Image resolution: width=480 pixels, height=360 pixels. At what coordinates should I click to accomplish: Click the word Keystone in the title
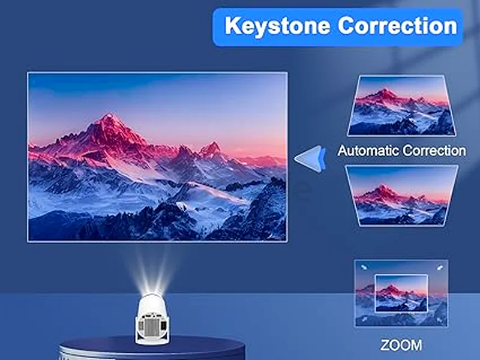click(277, 26)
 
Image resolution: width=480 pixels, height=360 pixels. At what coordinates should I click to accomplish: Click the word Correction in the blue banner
click(397, 26)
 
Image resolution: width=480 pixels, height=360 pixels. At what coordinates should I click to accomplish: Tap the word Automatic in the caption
click(368, 151)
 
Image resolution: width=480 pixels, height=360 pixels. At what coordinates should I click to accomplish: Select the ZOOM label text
click(401, 345)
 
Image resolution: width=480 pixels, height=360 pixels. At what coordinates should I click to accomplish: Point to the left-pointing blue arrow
click(309, 158)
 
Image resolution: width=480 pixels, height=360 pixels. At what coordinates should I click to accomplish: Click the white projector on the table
click(152, 319)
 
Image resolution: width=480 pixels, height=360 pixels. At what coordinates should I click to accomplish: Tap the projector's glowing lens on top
click(152, 291)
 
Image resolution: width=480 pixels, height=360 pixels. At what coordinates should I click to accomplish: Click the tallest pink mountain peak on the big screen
click(108, 116)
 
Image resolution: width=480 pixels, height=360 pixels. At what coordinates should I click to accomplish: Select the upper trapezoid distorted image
click(401, 106)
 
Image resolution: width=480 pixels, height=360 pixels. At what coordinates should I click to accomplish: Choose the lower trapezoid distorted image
click(401, 196)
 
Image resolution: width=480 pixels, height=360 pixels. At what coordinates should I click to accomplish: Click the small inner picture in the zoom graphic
click(401, 293)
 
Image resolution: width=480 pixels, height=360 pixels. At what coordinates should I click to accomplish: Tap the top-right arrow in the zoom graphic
click(440, 268)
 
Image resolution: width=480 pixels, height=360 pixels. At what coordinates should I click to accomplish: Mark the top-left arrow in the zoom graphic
click(364, 268)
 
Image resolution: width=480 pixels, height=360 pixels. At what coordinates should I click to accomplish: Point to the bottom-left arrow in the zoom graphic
click(364, 319)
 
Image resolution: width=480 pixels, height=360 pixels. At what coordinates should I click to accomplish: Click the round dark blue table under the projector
click(152, 349)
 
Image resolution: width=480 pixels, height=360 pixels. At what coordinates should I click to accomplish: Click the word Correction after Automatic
click(434, 151)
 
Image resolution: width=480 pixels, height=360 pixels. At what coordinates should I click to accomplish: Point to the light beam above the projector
click(152, 266)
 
